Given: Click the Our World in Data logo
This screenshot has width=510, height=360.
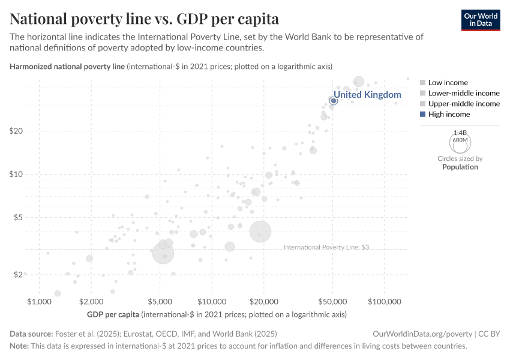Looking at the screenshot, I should [480, 20].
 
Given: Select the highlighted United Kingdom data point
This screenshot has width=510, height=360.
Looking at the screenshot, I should [334, 101].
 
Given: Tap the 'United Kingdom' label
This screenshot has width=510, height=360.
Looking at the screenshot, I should [367, 95].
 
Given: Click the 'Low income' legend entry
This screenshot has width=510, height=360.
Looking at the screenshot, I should [448, 82].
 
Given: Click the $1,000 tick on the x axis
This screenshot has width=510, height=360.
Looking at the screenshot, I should [38, 300].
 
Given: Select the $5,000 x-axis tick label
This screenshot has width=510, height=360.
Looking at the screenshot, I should [160, 300].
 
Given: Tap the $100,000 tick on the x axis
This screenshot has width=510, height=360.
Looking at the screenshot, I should [385, 300].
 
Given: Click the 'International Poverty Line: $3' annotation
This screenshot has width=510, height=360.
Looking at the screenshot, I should [326, 247].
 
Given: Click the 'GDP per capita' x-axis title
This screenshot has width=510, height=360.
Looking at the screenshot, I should [113, 314].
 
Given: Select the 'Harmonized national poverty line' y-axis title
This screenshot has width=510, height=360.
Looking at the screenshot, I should [67, 66].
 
